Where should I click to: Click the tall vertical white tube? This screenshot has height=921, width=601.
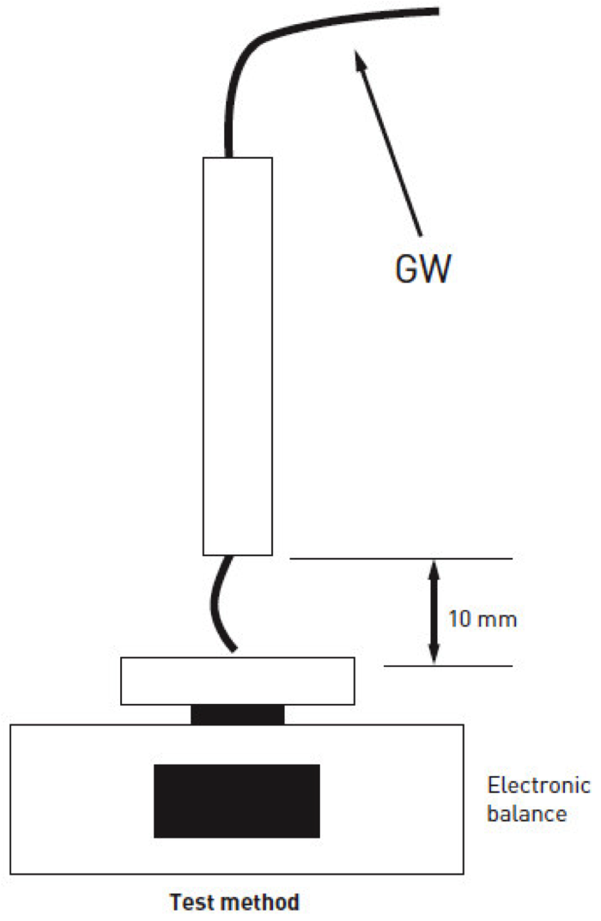[237, 355]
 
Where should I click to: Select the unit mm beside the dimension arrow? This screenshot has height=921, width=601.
[499, 619]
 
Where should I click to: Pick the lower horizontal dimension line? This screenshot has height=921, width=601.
[447, 665]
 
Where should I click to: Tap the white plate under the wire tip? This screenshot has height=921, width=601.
[238, 681]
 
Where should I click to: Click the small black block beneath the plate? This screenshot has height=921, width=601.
[237, 714]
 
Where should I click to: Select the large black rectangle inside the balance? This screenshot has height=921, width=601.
[237, 800]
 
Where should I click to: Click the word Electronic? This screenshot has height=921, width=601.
[538, 786]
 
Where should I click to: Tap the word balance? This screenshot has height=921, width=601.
[526, 814]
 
